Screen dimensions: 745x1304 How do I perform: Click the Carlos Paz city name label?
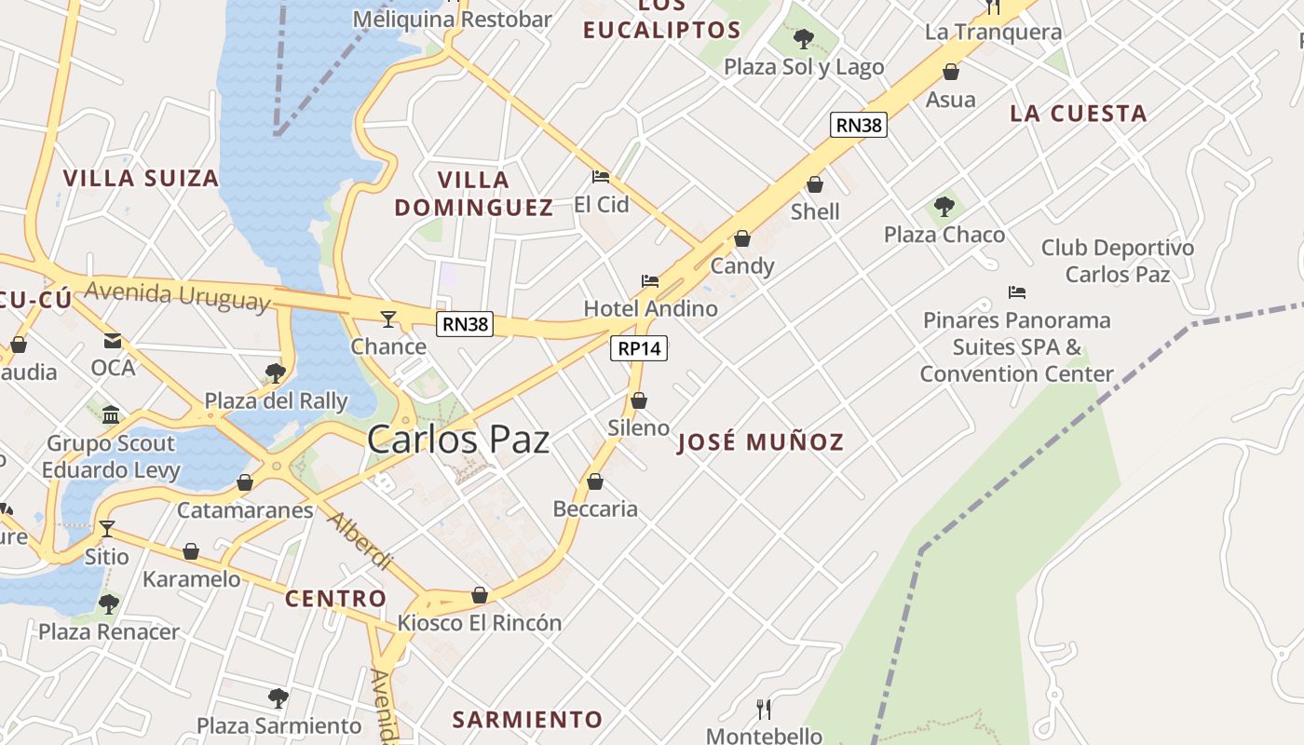[x=457, y=440]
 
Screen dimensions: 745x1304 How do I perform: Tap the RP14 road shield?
[x=640, y=348]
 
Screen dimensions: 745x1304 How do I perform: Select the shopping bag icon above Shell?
[x=815, y=184]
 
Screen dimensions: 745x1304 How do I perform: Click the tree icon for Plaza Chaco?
[x=944, y=206]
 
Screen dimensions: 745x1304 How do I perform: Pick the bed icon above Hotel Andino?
[x=650, y=280]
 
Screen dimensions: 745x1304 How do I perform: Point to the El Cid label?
[x=602, y=204]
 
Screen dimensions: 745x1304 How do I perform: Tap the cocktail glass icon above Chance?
[x=388, y=319]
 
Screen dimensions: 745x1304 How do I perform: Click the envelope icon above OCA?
[x=113, y=341]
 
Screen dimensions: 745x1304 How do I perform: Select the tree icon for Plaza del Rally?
[x=275, y=373]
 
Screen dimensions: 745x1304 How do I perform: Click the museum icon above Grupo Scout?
[x=111, y=414]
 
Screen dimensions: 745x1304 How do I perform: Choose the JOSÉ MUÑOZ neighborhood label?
[x=760, y=441]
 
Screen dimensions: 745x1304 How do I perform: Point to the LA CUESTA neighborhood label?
[x=1078, y=114]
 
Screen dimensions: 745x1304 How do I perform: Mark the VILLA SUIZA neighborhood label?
[x=141, y=178]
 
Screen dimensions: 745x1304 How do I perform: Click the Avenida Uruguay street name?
[x=177, y=295]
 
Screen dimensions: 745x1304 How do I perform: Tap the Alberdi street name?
[x=360, y=541]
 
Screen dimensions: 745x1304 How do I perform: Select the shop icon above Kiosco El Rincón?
[x=480, y=594]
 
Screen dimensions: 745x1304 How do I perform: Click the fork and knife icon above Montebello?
[x=764, y=710]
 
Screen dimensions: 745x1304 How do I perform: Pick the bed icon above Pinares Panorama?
[x=1017, y=292]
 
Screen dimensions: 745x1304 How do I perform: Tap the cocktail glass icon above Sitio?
[x=107, y=529]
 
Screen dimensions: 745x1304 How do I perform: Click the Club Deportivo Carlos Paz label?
[x=1117, y=261]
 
